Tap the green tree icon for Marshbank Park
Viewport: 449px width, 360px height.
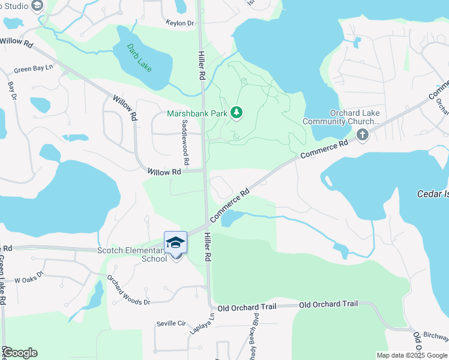[x=237, y=112]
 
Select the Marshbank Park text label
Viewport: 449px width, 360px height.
[x=197, y=113]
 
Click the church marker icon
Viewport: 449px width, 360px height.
[x=362, y=134]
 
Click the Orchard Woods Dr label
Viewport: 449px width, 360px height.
[x=128, y=290]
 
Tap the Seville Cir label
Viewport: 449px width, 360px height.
[x=171, y=323]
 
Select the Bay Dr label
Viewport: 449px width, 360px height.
[x=11, y=90]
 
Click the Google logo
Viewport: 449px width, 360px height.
[x=20, y=353]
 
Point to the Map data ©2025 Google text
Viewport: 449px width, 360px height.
[x=412, y=355]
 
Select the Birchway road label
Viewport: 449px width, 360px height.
[x=436, y=336]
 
